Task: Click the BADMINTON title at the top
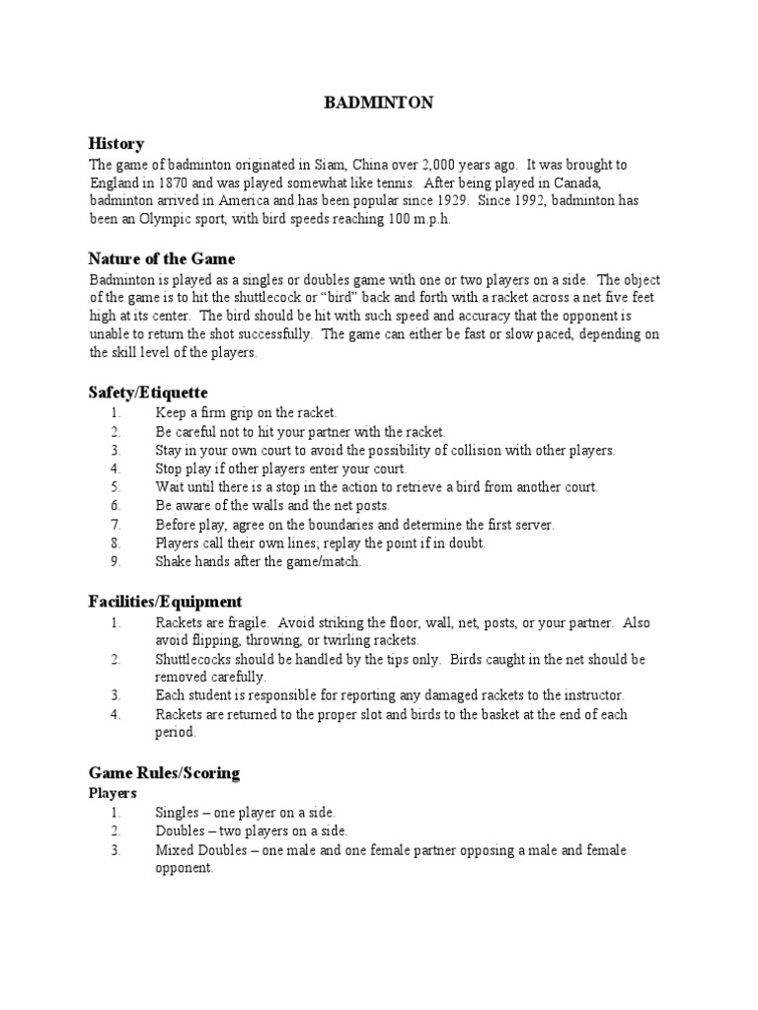pyautogui.click(x=380, y=103)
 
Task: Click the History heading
pyautogui.click(x=116, y=144)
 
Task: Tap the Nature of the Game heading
pyautogui.click(x=162, y=259)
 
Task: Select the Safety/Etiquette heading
pyautogui.click(x=148, y=393)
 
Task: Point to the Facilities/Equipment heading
pyautogui.click(x=165, y=602)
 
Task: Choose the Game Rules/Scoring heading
pyautogui.click(x=164, y=772)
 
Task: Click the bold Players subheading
pyautogui.click(x=113, y=792)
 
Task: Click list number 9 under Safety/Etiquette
pyautogui.click(x=114, y=562)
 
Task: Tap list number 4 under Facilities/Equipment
pyautogui.click(x=114, y=714)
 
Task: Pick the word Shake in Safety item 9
pyautogui.click(x=173, y=562)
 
